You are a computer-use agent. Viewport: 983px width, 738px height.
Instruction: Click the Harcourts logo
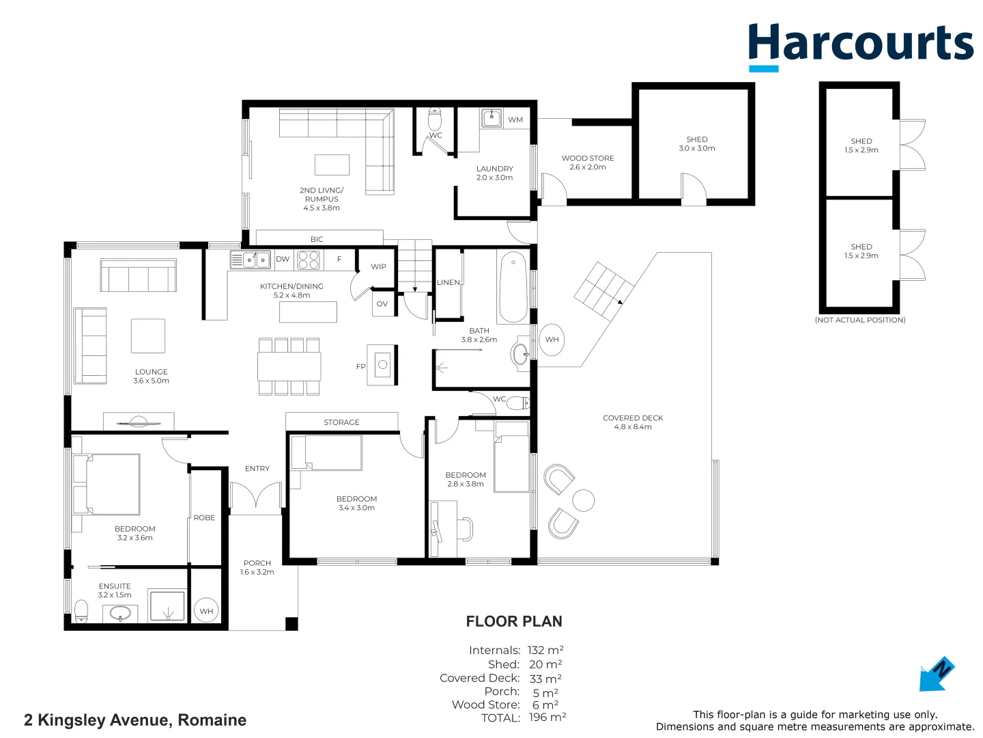pos(860,45)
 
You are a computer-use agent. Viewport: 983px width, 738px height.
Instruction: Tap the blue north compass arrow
pos(935,675)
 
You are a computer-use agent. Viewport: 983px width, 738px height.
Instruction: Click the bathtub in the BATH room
pos(513,288)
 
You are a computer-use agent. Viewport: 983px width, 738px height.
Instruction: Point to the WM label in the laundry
pos(515,120)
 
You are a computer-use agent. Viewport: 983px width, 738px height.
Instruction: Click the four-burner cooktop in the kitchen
pos(309,260)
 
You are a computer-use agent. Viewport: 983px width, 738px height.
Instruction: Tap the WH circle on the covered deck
pos(552,340)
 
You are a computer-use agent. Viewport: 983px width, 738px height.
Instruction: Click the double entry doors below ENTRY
pos(256,497)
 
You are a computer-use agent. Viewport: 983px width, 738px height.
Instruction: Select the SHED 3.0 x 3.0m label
pos(697,143)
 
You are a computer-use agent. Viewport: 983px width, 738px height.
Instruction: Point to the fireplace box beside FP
pos(382,365)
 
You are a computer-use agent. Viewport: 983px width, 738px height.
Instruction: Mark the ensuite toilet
pos(81,610)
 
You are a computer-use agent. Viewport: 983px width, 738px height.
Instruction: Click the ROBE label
pos(204,518)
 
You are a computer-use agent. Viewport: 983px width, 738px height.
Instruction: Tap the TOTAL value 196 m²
pos(547,717)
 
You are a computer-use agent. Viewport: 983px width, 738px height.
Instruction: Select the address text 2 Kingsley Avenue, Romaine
pos(135,720)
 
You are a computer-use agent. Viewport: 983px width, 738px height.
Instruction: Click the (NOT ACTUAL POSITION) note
pos(860,320)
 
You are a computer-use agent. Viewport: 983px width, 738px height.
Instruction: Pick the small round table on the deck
pos(583,501)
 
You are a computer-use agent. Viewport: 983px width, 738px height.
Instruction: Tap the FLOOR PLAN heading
pos(514,622)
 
